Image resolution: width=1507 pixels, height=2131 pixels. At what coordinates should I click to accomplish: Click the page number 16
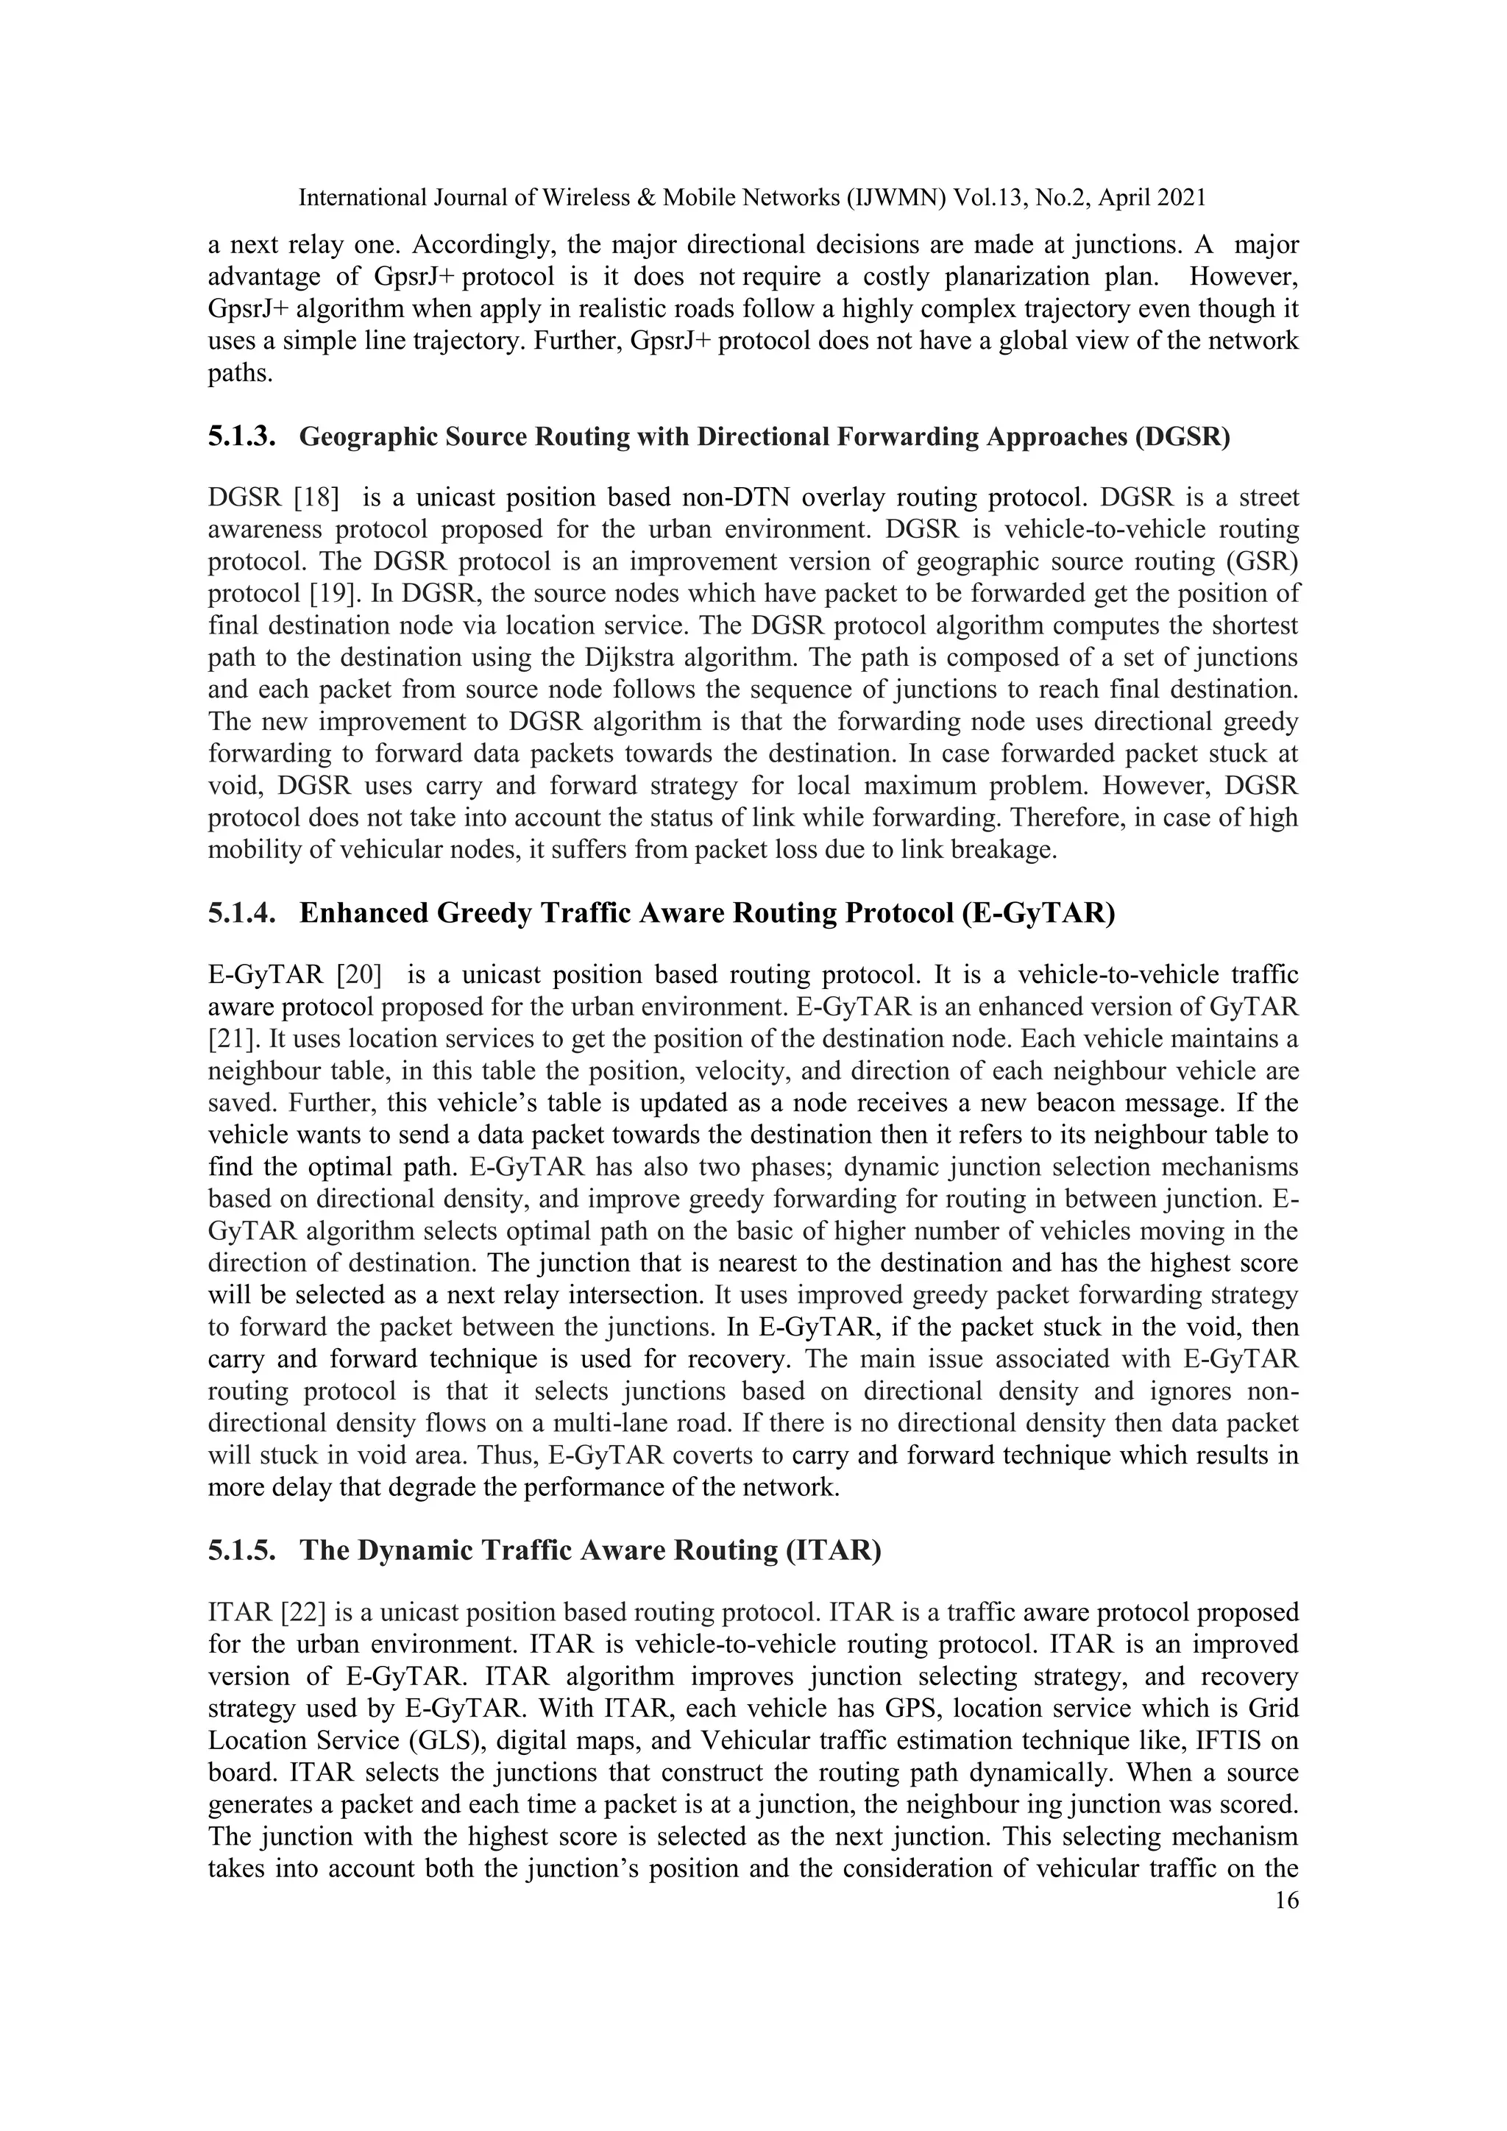1287,1900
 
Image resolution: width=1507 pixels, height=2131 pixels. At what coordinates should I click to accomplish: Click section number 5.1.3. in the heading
241,436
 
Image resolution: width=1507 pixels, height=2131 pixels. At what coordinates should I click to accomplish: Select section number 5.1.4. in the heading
241,913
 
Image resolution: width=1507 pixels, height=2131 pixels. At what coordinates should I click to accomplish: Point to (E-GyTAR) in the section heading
1038,913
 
